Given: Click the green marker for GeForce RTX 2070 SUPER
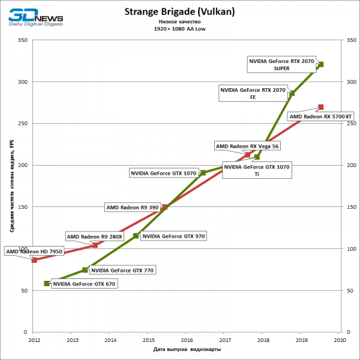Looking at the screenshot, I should point(321,64).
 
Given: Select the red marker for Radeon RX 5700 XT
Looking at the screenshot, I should point(321,107).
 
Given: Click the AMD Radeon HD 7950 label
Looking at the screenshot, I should point(34,251).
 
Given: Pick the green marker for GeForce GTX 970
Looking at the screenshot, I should point(136,236).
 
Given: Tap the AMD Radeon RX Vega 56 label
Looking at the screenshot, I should point(247,146).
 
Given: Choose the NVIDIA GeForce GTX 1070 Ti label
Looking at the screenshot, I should point(257,170).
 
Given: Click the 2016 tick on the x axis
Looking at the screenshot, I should point(186,340).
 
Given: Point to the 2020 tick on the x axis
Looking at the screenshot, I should point(340,340).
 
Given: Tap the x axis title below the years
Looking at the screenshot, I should point(187,350).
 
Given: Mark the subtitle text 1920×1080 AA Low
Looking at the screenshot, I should point(179,28).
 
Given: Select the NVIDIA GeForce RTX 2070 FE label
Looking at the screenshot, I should point(253,93).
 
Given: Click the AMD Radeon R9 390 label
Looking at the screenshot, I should point(132,207).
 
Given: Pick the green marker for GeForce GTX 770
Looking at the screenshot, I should point(85,270).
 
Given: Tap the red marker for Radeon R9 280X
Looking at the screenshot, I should point(95,245).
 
